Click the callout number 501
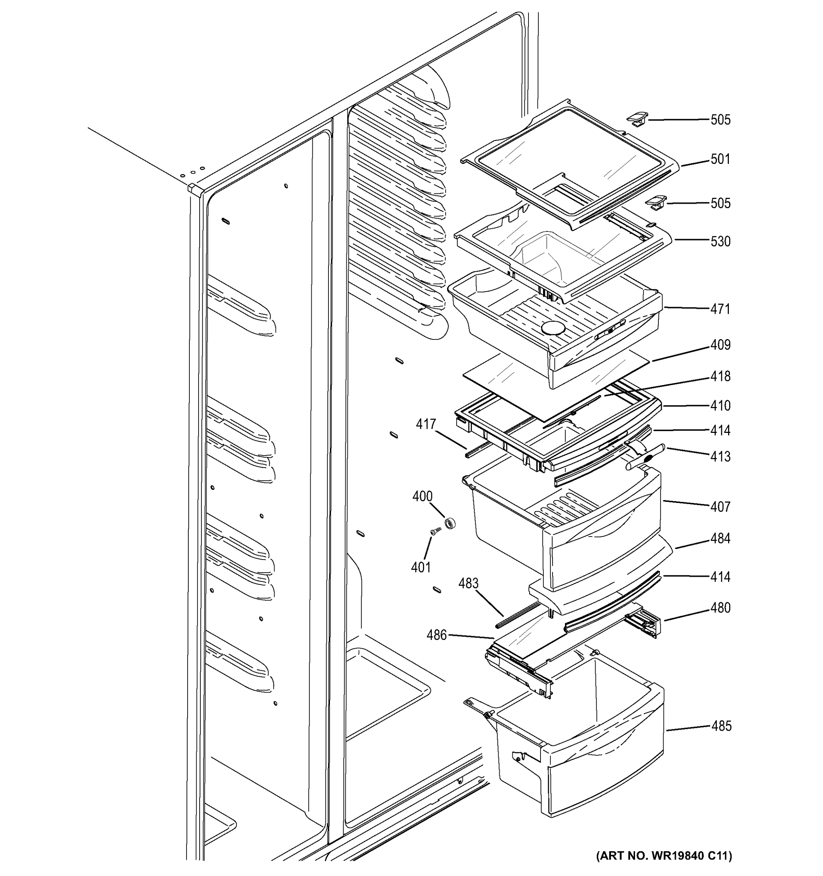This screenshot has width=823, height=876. click(720, 159)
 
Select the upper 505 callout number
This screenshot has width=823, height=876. click(720, 120)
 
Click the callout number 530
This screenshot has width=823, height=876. click(720, 242)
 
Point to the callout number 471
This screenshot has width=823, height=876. click(720, 309)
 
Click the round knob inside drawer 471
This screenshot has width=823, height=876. click(553, 328)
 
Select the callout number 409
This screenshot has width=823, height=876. click(720, 345)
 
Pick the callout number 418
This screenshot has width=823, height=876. click(720, 376)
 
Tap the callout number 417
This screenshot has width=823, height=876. click(426, 424)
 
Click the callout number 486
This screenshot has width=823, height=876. click(437, 635)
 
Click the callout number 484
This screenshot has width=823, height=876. click(720, 538)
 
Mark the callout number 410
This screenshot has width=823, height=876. click(720, 406)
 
